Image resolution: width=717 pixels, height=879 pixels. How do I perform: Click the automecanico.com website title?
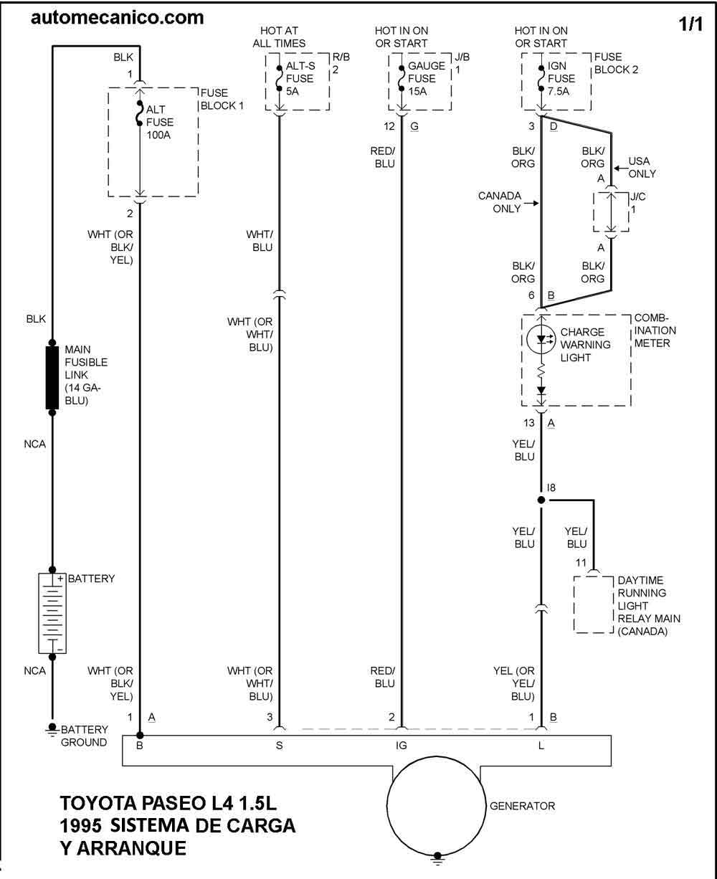pyautogui.click(x=117, y=17)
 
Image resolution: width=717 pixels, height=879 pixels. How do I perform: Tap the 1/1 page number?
pyautogui.click(x=691, y=23)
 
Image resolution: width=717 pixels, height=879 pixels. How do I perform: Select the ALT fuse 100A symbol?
pyautogui.click(x=139, y=115)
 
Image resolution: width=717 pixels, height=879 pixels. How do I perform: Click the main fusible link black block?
pyautogui.click(x=52, y=377)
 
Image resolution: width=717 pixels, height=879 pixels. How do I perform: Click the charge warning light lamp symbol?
pyautogui.click(x=541, y=338)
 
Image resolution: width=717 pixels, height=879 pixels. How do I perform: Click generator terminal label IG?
pyautogui.click(x=402, y=746)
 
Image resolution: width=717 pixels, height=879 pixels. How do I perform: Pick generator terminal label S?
pyautogui.click(x=279, y=746)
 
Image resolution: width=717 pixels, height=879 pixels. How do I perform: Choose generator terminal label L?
pyautogui.click(x=541, y=746)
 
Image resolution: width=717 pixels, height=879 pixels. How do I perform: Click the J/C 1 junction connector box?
pyautogui.click(x=611, y=212)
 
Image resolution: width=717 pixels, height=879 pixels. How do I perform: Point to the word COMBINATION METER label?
pyautogui.click(x=652, y=331)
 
